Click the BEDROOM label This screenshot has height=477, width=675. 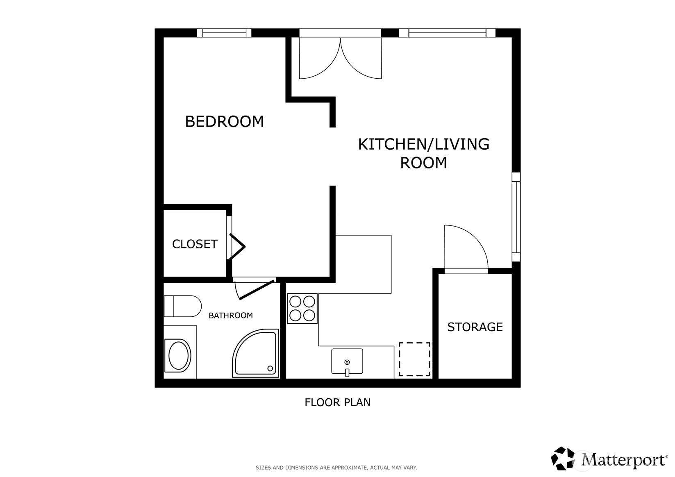coord(224,122)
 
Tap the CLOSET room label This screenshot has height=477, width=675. coord(195,244)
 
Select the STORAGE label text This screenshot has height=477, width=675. coord(475,327)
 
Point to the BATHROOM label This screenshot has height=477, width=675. coord(230,316)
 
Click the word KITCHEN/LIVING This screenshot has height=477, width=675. coord(423,144)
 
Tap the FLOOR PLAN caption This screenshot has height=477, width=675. coord(337,402)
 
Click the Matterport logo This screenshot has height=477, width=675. coord(609,459)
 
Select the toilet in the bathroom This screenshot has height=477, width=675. coord(182,306)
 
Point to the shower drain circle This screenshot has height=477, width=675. coord(270,368)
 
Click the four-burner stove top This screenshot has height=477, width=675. coord(302,309)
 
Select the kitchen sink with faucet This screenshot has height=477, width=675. coord(347,361)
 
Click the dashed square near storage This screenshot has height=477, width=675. coord(414,359)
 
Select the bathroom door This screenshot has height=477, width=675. coord(254,289)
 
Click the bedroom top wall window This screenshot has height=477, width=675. coord(224,33)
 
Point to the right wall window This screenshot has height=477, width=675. coord(516,217)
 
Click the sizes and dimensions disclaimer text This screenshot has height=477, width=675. coord(336,468)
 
